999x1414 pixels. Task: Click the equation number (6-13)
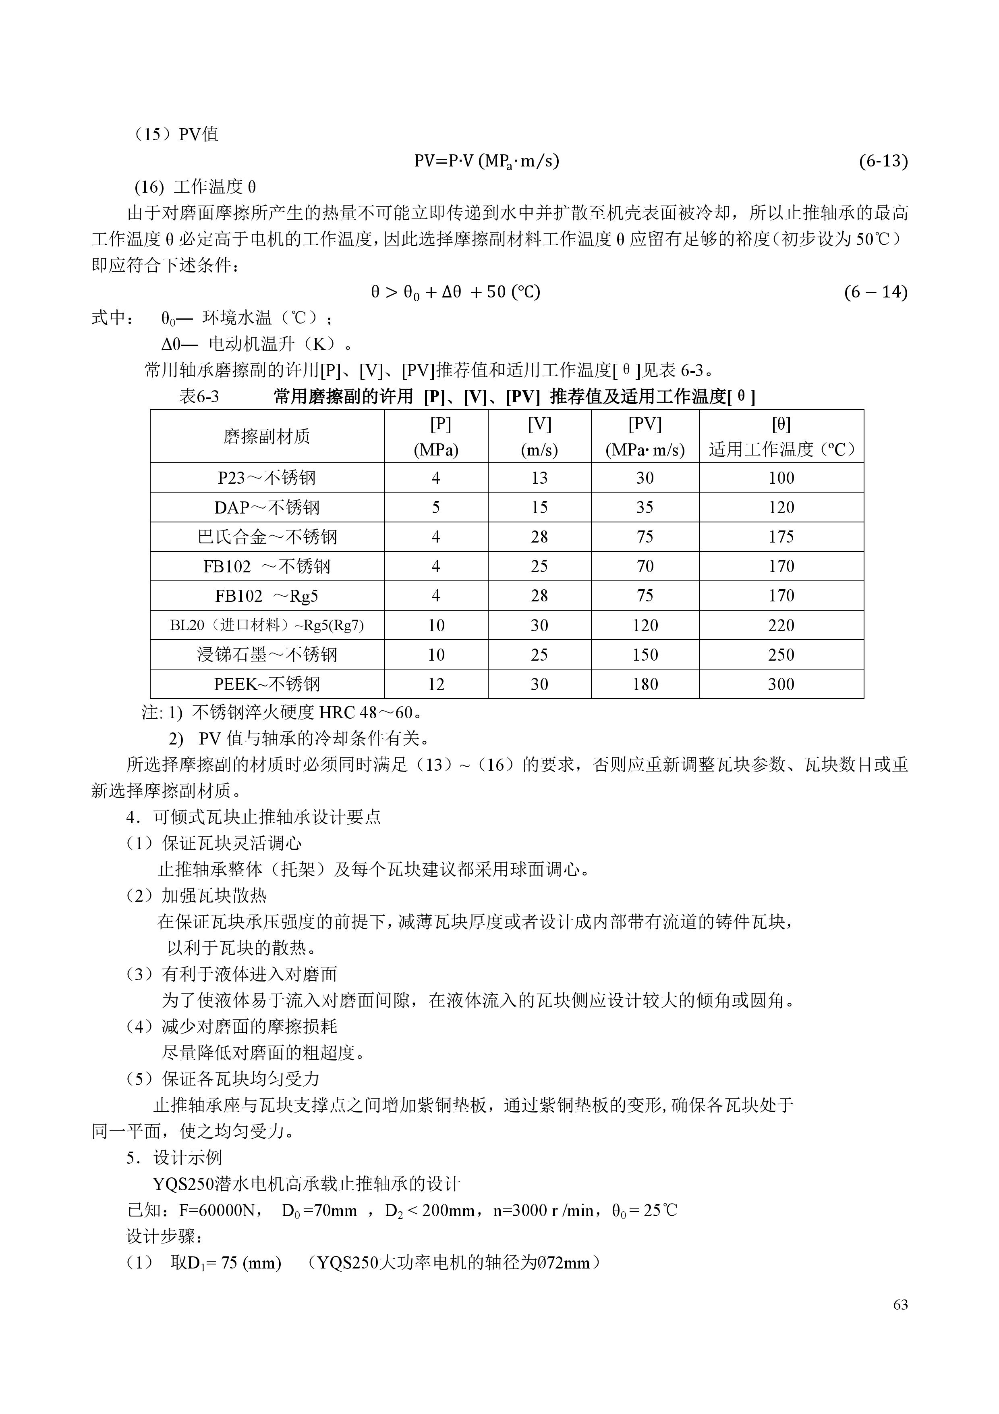[883, 161]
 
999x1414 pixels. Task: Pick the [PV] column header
[645, 436]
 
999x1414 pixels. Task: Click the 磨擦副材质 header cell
[267, 437]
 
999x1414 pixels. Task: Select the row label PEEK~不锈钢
[267, 684]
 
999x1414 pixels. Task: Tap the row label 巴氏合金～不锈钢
[267, 537]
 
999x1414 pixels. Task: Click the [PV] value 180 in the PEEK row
[645, 684]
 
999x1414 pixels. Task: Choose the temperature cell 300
[781, 684]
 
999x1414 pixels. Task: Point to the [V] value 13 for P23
[539, 478]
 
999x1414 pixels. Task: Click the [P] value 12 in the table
[436, 684]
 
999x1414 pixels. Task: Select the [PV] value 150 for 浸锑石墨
[645, 655]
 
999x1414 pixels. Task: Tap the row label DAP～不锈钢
[267, 507]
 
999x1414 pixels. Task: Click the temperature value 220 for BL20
[781, 626]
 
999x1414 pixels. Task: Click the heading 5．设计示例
[174, 1158]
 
